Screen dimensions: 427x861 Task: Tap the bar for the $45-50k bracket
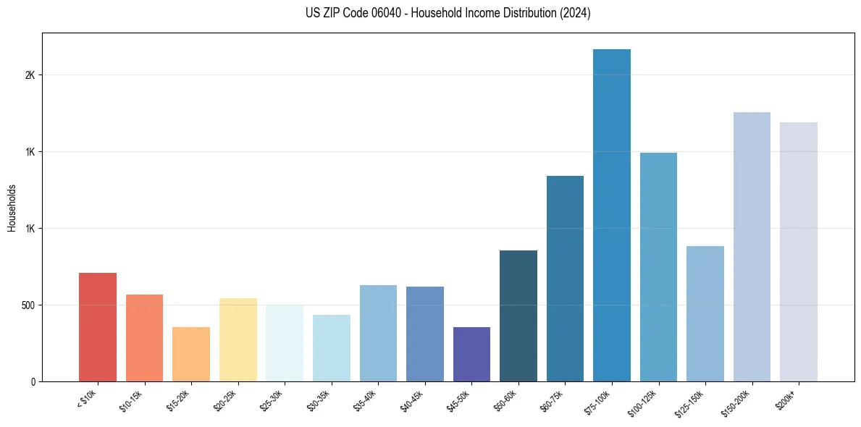(x=471, y=354)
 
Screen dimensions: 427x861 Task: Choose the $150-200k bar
(x=752, y=247)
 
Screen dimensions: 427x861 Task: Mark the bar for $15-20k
(x=191, y=354)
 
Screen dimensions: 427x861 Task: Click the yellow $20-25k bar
(x=238, y=339)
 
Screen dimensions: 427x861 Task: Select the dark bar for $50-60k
(x=518, y=316)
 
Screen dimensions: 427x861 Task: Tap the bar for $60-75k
(x=565, y=279)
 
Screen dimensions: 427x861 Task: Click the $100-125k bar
(x=658, y=267)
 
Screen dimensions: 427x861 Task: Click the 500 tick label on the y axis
(x=28, y=305)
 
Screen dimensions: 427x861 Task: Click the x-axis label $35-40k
(x=366, y=400)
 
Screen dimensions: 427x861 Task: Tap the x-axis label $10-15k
(x=133, y=400)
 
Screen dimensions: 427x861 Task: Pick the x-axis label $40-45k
(x=413, y=400)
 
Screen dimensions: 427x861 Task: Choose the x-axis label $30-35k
(x=319, y=400)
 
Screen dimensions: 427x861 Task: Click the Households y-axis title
(x=12, y=208)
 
